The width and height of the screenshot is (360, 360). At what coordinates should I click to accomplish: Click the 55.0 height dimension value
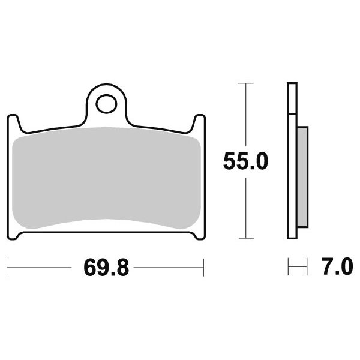245,161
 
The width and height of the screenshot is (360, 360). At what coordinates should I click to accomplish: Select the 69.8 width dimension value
106,268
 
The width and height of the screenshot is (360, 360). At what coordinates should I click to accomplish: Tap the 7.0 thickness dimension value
337,266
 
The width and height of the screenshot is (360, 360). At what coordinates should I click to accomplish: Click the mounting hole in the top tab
106,104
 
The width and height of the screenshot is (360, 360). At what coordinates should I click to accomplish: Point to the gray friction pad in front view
106,178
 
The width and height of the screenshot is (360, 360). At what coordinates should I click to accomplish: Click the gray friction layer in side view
302,177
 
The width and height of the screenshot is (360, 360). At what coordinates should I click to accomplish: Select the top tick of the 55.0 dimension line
245,83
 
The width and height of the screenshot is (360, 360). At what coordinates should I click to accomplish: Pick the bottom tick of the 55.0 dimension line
246,238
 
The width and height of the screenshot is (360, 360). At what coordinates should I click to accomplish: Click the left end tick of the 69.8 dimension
7,268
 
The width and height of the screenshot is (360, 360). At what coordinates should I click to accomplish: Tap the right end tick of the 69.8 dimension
203,268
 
